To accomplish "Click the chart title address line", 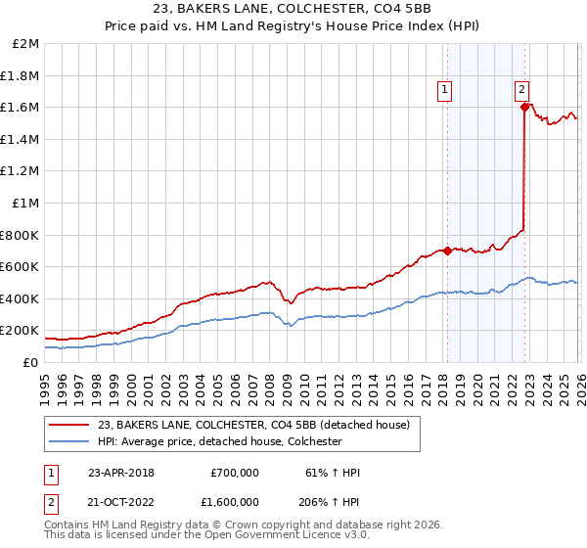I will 293,10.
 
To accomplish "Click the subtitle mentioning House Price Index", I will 293,26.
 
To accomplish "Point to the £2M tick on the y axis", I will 26,45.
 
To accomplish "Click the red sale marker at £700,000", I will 447,251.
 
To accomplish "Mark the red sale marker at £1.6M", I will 525,108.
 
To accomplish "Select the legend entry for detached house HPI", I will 218,441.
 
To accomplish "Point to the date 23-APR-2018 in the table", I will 121,473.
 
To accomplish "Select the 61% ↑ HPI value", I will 333,473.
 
